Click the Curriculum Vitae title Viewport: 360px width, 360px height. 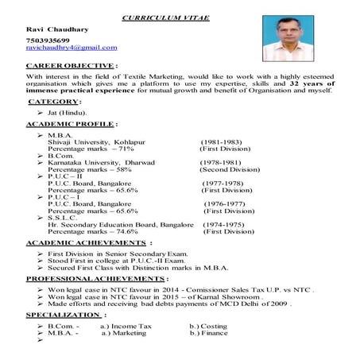tap(165, 18)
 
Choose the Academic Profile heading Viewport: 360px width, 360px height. tap(72, 124)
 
